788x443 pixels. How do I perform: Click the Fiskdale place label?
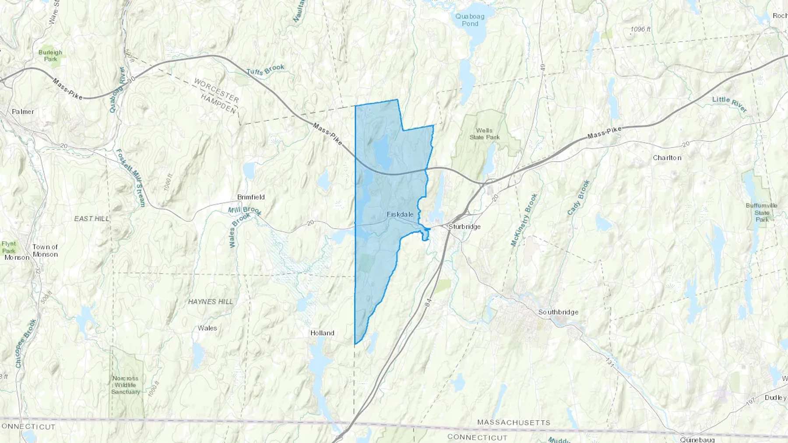click(x=400, y=214)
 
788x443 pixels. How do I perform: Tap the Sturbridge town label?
click(x=464, y=227)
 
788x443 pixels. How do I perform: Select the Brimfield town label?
click(x=251, y=197)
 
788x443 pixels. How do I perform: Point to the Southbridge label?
click(x=558, y=312)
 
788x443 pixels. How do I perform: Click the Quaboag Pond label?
click(x=470, y=20)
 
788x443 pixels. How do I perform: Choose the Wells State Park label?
click(x=484, y=134)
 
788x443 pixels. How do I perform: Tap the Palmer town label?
click(x=23, y=112)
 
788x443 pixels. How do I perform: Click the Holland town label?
click(x=322, y=333)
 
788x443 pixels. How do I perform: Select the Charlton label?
click(x=667, y=157)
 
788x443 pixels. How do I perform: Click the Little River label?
click(x=729, y=104)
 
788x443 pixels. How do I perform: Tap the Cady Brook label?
click(x=578, y=198)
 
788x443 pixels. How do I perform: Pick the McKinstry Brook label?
click(x=524, y=220)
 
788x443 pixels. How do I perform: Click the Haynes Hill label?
click(x=211, y=302)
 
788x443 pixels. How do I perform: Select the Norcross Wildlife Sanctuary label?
click(x=126, y=385)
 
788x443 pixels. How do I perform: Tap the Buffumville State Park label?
click(x=762, y=212)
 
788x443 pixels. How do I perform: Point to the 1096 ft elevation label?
click(x=640, y=29)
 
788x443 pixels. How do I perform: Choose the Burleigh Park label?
click(x=50, y=56)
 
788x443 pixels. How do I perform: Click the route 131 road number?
click(x=610, y=362)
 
